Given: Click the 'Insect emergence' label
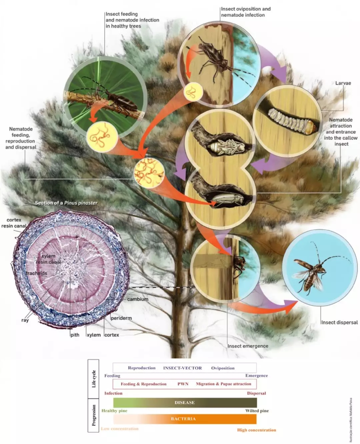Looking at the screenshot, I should pyautogui.click(x=248, y=346).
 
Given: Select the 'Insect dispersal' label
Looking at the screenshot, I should pyautogui.click(x=339, y=322).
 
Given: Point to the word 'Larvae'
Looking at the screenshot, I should pyautogui.click(x=343, y=83).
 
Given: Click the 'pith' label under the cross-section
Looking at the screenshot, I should pyautogui.click(x=75, y=335).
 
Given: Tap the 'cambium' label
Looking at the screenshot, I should pyautogui.click(x=138, y=299).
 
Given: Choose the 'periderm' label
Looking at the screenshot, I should pyautogui.click(x=121, y=318).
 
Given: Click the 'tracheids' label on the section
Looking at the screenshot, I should pyautogui.click(x=37, y=273).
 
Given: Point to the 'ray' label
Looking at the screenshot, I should pyautogui.click(x=25, y=320).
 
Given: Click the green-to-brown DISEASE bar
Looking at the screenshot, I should pyautogui.click(x=185, y=402).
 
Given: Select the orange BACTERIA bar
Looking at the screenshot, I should pyautogui.click(x=185, y=419).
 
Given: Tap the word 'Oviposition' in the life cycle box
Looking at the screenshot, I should pyautogui.click(x=223, y=368).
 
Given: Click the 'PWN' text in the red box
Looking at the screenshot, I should pyautogui.click(x=183, y=384).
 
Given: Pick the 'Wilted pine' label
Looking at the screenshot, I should pyautogui.click(x=257, y=411).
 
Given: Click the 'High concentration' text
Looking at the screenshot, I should pyautogui.click(x=256, y=430).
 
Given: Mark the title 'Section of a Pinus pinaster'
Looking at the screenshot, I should pyautogui.click(x=66, y=203).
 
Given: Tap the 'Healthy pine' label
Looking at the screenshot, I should pyautogui.click(x=114, y=411).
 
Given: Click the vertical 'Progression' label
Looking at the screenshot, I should pyautogui.click(x=94, y=415).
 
